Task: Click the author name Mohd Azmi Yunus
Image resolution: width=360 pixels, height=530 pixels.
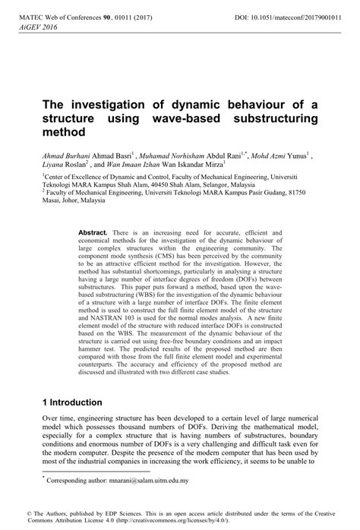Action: [x=280, y=152]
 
